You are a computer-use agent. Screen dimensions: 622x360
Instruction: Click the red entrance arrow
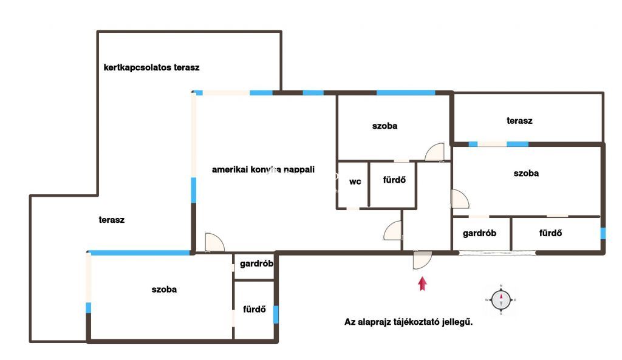(x=423, y=284)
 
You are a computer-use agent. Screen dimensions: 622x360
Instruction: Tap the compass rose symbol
(x=501, y=300)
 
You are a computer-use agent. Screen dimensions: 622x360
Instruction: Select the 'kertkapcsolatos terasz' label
(x=151, y=67)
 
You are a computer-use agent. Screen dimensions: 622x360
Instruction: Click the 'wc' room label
(x=355, y=182)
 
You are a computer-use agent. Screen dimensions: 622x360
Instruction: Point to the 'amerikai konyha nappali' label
(x=263, y=170)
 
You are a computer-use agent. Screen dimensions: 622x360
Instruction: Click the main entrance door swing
(x=423, y=260)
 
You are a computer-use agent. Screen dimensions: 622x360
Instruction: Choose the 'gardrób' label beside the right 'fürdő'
(x=479, y=233)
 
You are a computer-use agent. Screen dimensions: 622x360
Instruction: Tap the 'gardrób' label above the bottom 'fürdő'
(x=256, y=263)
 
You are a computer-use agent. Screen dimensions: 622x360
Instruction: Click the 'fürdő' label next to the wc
(x=394, y=180)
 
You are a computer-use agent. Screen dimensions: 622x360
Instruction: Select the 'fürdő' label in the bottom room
(x=255, y=309)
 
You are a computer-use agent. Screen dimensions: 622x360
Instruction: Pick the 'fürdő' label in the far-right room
(x=550, y=233)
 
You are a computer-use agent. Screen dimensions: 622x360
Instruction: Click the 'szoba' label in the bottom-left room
(x=164, y=290)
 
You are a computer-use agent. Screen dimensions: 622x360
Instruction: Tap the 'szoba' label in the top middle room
(x=384, y=126)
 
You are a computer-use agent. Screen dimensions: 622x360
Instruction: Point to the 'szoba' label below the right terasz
(x=526, y=173)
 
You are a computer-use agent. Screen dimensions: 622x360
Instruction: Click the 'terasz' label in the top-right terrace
(x=519, y=121)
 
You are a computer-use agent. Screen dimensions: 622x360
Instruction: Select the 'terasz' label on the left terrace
(x=112, y=220)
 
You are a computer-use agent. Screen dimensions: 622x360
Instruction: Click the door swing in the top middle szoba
(x=434, y=152)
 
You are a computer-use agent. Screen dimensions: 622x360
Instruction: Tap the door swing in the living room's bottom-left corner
(x=214, y=242)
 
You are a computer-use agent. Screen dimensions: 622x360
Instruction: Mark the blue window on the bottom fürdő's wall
(x=276, y=314)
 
